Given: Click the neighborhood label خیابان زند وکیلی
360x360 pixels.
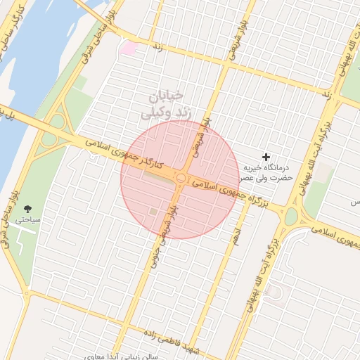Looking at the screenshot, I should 163,103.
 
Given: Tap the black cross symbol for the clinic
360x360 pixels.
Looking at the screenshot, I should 266,156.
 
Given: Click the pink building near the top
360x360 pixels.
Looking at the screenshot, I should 128,48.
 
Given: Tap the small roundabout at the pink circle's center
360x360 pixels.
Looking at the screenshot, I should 181,179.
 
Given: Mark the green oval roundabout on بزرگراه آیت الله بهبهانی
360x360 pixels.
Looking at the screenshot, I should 291,217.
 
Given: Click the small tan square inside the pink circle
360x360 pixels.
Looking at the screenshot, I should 153,211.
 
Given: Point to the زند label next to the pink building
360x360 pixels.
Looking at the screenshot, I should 157,47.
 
